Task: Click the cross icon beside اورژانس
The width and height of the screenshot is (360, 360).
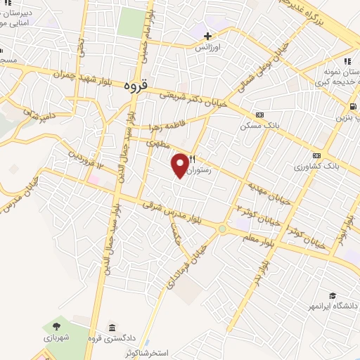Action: (x=207, y=36)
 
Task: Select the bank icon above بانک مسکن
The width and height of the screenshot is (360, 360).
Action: (x=259, y=115)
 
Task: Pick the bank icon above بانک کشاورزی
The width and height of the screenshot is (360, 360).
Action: (x=317, y=155)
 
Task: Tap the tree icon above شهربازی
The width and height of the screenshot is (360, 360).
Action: (x=55, y=327)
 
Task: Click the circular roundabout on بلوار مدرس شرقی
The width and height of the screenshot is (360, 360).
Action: (x=224, y=229)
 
